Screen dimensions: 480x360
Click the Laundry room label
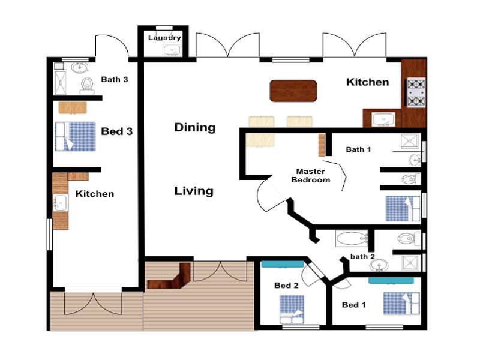coord(164,38)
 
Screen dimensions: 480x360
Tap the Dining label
coord(195,127)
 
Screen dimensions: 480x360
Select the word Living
coord(194,191)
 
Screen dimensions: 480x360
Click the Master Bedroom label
coord(311,176)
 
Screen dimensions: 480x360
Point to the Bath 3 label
coord(115,79)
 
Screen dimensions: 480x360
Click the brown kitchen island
coord(293,91)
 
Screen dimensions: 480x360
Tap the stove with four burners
coord(416,92)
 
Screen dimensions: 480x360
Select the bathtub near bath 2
coord(352,238)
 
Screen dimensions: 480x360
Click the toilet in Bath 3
coord(87,85)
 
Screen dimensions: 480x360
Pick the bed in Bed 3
coord(76,137)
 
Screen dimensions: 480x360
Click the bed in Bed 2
coord(292,309)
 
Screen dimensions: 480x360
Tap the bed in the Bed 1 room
coord(401,303)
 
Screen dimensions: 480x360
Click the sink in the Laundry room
coord(172,50)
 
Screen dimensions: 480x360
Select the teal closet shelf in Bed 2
coord(283,264)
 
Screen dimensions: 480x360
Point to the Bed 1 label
coord(353,305)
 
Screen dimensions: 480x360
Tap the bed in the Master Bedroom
coord(403,208)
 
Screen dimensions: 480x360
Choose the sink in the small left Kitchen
coord(60,203)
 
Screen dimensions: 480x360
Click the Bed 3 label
coord(117,131)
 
